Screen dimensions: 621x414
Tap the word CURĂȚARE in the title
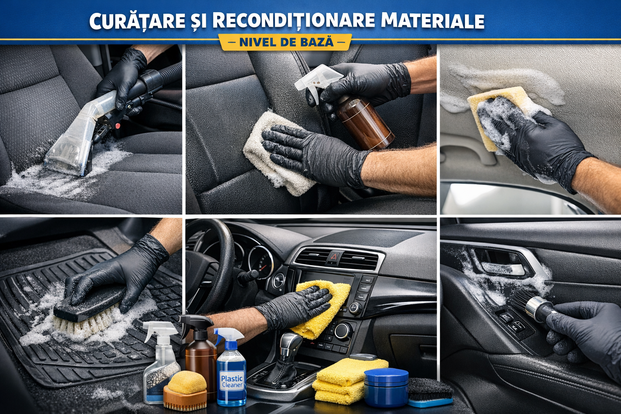tap(137, 20)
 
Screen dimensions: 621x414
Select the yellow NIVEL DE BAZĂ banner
tap(285, 42)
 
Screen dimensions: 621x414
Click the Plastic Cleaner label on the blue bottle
tap(232, 381)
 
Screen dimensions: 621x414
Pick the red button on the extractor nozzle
tap(118, 126)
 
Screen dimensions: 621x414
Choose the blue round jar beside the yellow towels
tap(386, 387)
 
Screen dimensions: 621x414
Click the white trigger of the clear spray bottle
tap(159, 330)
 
